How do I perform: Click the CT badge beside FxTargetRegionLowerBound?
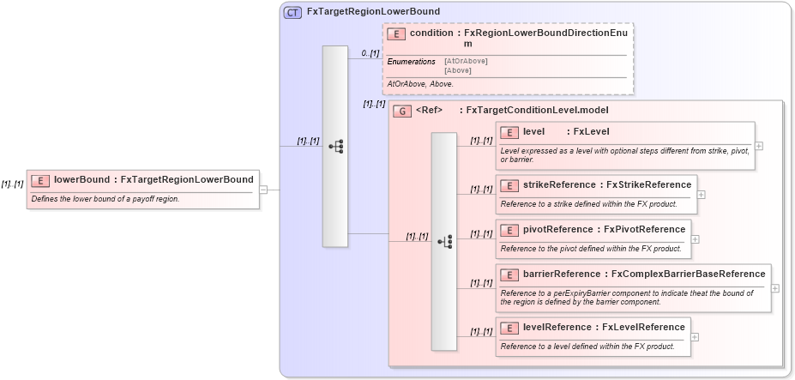(x=292, y=12)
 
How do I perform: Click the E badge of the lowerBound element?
(x=40, y=180)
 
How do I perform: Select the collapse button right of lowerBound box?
(x=263, y=190)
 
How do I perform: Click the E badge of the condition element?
(x=396, y=34)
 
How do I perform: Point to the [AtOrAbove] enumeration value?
(x=466, y=62)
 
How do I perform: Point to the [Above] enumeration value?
(x=458, y=70)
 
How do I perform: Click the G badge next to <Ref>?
(x=401, y=111)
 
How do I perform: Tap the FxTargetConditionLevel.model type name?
(x=532, y=111)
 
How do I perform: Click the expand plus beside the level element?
(x=759, y=146)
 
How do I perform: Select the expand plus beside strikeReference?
(x=702, y=195)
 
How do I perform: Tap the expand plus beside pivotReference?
(x=696, y=240)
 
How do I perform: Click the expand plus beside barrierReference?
(x=775, y=288)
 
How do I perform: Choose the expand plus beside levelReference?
(x=695, y=337)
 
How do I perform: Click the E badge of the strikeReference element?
(x=509, y=185)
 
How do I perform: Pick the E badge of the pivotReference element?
(x=509, y=230)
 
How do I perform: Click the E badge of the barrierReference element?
(x=509, y=274)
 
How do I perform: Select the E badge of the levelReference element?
(x=509, y=328)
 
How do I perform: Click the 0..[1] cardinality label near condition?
(x=370, y=53)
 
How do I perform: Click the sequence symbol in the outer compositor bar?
(x=335, y=147)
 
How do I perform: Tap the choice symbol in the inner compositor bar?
(x=444, y=242)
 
